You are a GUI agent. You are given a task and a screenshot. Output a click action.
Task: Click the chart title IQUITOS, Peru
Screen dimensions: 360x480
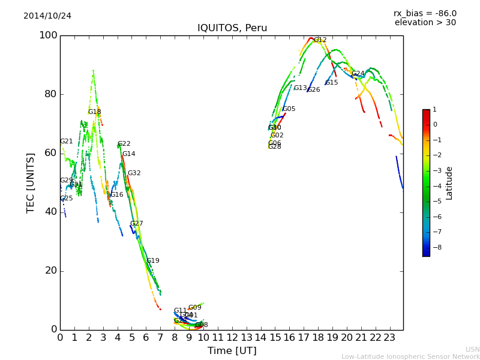(x=232, y=28)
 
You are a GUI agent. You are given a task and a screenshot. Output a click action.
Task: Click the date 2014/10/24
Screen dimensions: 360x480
(x=47, y=16)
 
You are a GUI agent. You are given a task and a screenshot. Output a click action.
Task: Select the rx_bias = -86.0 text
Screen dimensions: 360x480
(x=425, y=13)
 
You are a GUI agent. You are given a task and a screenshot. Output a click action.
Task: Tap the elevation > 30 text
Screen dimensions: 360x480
(x=425, y=23)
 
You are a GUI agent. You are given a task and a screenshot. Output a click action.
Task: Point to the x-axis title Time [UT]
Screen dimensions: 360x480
(x=232, y=351)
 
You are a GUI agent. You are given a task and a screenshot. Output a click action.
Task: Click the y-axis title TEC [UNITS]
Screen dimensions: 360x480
(x=31, y=182)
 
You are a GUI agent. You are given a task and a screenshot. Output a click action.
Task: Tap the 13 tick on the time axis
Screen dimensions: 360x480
(x=247, y=338)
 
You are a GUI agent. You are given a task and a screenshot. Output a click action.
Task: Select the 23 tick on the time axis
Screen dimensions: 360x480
(x=390, y=338)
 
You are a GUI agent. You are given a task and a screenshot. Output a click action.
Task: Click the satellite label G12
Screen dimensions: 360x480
(x=320, y=40)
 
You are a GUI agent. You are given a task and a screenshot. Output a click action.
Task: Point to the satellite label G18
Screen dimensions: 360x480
(x=95, y=112)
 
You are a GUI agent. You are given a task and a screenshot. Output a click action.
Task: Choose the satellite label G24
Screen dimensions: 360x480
(x=358, y=74)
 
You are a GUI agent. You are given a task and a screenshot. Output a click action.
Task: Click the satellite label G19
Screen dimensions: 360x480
(x=153, y=261)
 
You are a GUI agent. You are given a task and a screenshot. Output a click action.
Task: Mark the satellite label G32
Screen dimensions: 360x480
(x=134, y=173)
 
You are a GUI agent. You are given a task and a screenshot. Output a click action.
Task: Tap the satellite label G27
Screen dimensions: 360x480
(x=137, y=224)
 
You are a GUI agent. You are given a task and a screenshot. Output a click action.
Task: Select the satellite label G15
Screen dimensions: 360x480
(x=332, y=83)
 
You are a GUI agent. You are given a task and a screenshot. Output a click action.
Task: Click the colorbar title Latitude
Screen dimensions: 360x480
(x=449, y=183)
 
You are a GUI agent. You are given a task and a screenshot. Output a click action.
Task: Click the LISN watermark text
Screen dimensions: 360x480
(x=473, y=349)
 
